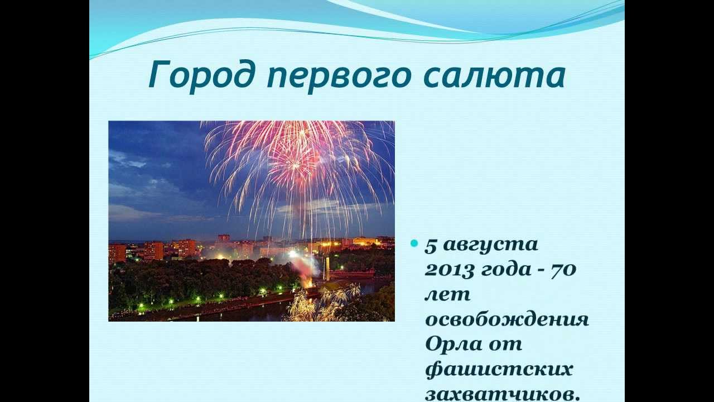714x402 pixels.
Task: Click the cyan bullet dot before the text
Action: tap(414, 243)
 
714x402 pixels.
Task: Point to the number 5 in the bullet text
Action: tap(431, 246)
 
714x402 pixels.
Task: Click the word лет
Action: tap(448, 295)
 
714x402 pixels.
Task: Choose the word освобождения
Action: tap(507, 319)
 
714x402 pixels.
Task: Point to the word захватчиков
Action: tap(502, 394)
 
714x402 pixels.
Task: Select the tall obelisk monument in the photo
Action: tap(327, 269)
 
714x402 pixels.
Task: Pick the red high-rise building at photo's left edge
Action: tap(117, 253)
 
